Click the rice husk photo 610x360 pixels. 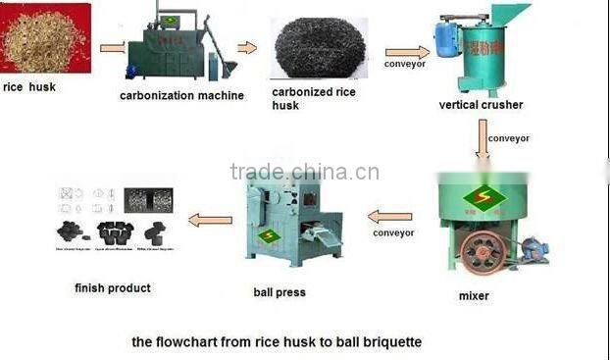pyautogui.click(x=46, y=38)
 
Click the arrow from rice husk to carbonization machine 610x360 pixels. pyautogui.click(x=113, y=46)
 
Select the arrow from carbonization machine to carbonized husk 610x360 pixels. pyautogui.click(x=247, y=47)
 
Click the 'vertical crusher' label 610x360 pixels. pyautogui.click(x=482, y=104)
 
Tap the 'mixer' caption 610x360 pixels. pyautogui.click(x=474, y=295)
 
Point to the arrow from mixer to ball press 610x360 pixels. pyautogui.click(x=390, y=216)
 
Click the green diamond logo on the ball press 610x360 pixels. pyautogui.click(x=268, y=235)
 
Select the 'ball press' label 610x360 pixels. pyautogui.click(x=280, y=291)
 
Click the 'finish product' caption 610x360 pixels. pyautogui.click(x=113, y=287)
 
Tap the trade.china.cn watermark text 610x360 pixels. pyautogui.click(x=304, y=173)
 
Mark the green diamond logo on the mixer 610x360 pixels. pyautogui.click(x=483, y=197)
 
